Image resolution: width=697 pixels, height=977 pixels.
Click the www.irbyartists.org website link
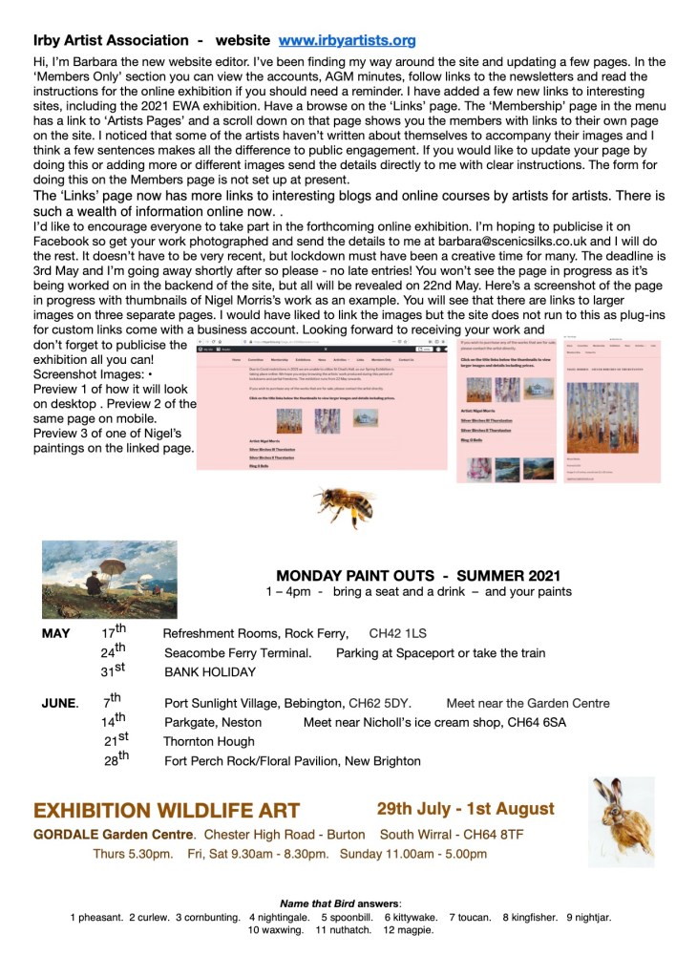347,40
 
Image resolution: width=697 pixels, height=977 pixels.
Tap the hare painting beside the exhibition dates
620,820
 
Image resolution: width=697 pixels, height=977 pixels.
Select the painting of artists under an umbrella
109,580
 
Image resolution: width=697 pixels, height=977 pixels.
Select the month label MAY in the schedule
56,634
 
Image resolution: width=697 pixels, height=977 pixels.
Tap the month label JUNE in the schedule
58,704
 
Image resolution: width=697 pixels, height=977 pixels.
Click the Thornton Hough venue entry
209,741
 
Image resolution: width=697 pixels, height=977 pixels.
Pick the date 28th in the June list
116,760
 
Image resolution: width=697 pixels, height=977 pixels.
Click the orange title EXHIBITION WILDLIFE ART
167,811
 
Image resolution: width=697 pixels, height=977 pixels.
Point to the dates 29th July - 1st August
465,809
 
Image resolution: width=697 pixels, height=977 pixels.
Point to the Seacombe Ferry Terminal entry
238,653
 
